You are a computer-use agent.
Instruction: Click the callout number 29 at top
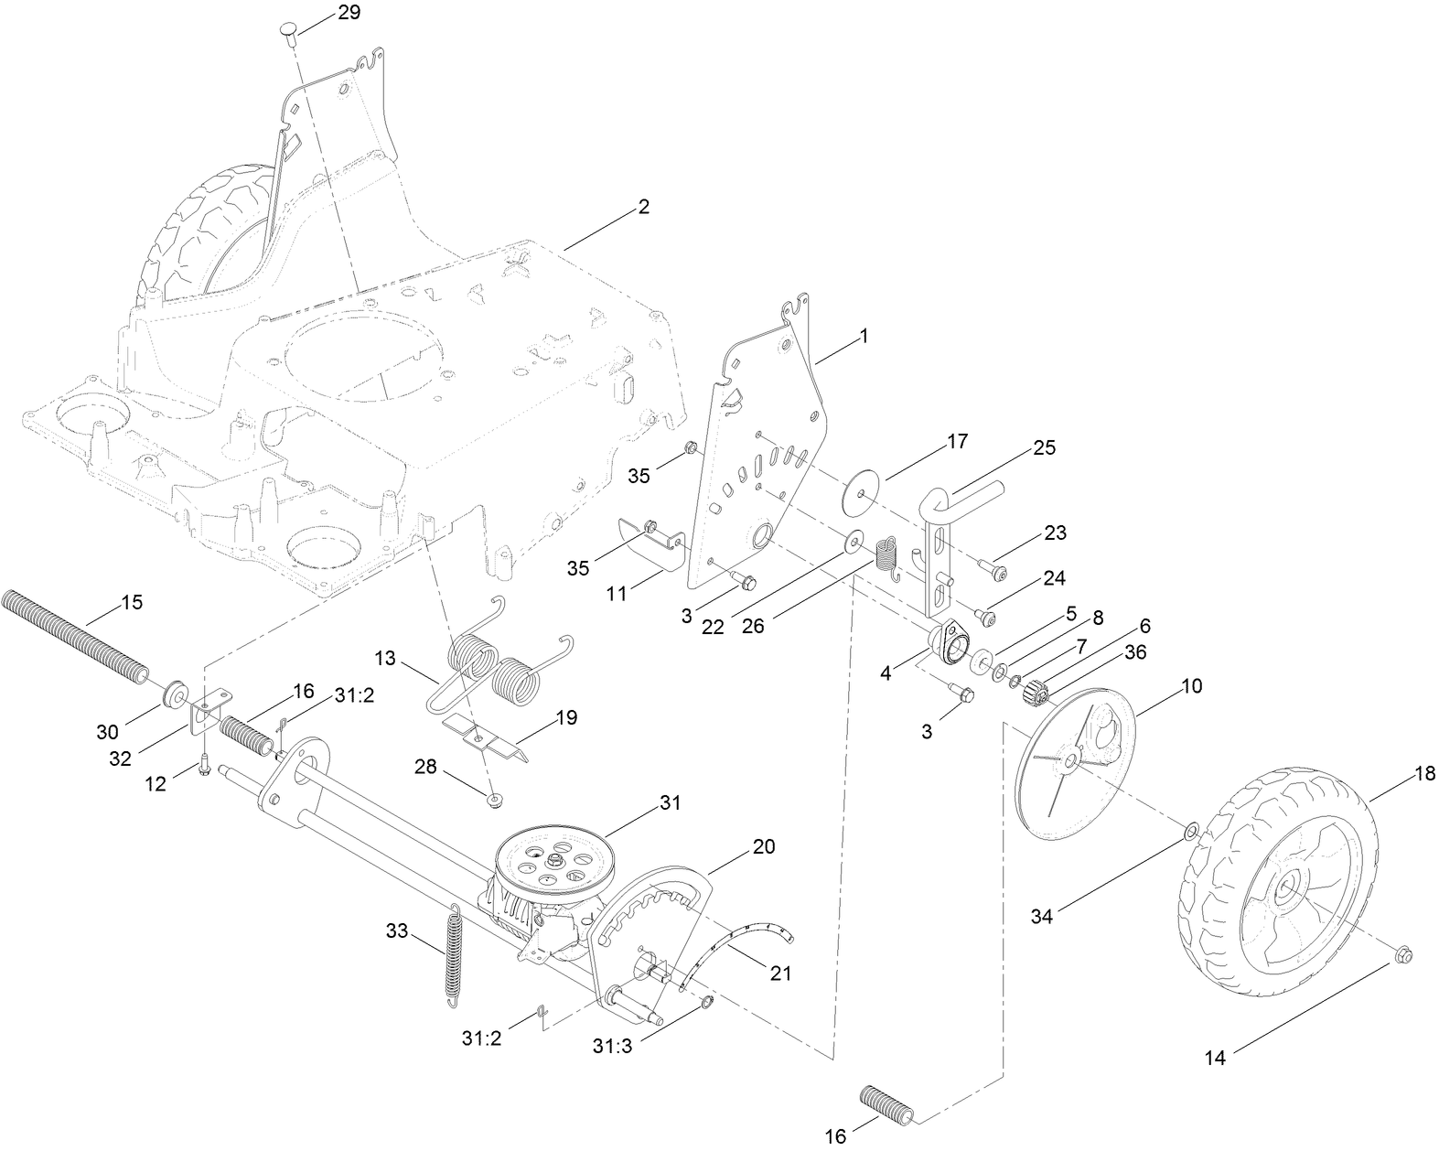click(x=323, y=12)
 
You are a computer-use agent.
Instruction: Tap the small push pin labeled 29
click(x=288, y=35)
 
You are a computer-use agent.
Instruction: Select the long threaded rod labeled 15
click(x=73, y=637)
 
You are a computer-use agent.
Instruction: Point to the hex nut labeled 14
click(x=1404, y=957)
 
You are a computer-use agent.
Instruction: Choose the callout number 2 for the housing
click(x=643, y=207)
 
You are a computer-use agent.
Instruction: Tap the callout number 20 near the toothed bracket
click(x=762, y=846)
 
